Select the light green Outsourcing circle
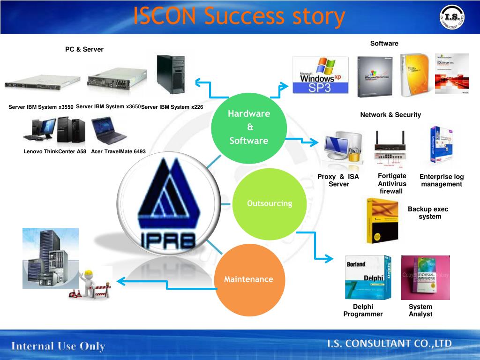pos(269,203)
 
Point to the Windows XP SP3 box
pos(320,75)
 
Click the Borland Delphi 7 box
pos(367,277)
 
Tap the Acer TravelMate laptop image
pos(108,131)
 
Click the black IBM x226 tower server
pos(171,75)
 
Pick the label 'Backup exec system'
pos(428,213)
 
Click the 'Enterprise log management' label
pos(441,180)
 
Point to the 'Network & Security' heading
pos(390,115)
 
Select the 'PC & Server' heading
pos(84,49)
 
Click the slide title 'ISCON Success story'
pos(239,17)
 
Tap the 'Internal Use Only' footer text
pos(58,346)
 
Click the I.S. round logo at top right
pos(453,18)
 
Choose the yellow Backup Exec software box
pos(382,220)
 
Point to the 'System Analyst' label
pos(420,310)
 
